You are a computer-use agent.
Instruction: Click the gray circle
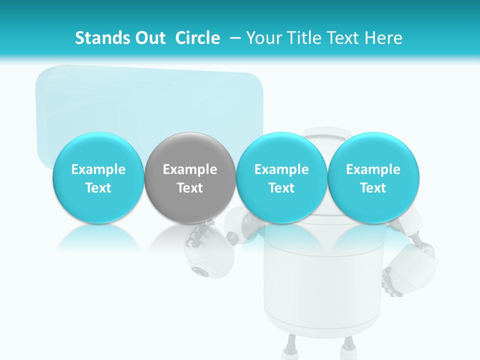190,177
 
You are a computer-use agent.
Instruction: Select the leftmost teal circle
98,177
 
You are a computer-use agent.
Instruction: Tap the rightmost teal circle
373,177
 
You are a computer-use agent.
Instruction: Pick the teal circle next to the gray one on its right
281,177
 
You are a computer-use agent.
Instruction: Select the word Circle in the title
197,38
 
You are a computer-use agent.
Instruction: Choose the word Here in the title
384,38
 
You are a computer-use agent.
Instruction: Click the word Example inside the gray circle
190,169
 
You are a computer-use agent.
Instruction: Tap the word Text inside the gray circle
190,188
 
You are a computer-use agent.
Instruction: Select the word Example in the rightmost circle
373,169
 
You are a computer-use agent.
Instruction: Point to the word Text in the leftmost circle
98,188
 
